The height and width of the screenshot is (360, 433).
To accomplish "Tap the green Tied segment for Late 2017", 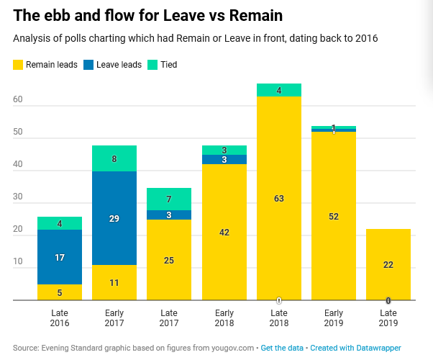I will (169, 199).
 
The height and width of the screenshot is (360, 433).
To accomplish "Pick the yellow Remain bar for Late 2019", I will (388, 264).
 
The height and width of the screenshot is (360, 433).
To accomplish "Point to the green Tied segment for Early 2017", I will (114, 158).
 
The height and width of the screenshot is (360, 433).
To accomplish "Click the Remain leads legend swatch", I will (18, 65).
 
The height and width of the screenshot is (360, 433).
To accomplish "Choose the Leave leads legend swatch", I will (89, 65).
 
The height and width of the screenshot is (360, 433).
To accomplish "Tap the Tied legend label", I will (169, 65).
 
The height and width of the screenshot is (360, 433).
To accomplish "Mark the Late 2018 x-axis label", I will (279, 318).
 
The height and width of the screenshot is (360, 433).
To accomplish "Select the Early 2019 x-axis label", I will (334, 318).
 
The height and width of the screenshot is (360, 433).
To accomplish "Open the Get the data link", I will (283, 348).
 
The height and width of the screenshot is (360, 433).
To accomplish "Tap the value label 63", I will (279, 199).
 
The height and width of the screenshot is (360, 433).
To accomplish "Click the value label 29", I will (114, 218).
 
